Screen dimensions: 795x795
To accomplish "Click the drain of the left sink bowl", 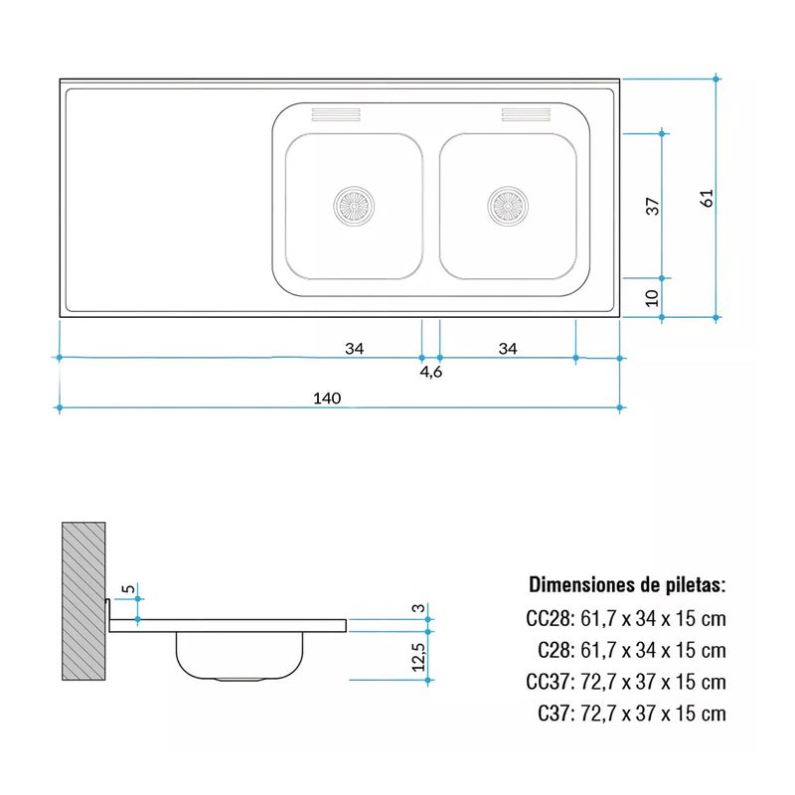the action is point(354,206).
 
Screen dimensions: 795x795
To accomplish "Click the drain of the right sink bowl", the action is point(508,206).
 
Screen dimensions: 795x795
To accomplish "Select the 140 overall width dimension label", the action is point(327,398).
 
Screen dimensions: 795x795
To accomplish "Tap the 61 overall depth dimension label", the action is point(707,197).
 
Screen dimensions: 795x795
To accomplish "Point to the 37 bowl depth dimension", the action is point(653,206).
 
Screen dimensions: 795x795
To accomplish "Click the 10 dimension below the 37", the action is point(652,297).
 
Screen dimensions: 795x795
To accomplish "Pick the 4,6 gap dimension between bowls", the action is point(431,372).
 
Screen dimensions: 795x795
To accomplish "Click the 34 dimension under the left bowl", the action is point(355,349).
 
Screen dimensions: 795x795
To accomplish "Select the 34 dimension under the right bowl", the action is point(508,349).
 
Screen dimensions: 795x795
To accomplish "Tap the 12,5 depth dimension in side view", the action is point(418,657).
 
